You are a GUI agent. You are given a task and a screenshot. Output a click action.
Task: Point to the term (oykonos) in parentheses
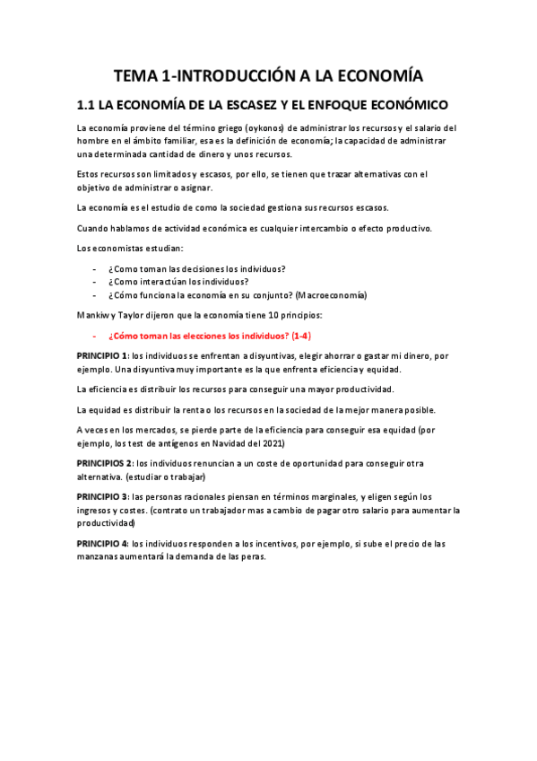(x=269, y=128)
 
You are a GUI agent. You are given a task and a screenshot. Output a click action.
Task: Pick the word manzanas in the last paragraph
(x=101, y=556)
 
